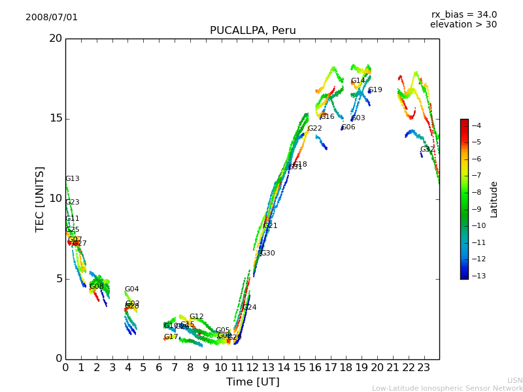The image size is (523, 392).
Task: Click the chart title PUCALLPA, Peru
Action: (252, 31)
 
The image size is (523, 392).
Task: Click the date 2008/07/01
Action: (52, 17)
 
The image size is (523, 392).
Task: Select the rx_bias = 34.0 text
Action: (464, 14)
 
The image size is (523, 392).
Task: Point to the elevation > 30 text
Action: (463, 25)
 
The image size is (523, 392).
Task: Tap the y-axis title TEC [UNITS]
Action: (40, 199)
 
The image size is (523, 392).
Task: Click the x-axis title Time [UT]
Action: (252, 382)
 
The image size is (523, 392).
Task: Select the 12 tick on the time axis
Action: (252, 367)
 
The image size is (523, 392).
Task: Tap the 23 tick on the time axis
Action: (424, 367)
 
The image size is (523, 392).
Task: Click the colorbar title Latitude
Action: (494, 199)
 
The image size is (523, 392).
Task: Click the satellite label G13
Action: (72, 179)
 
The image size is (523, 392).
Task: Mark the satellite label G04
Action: (131, 289)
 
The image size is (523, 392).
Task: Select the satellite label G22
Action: (314, 129)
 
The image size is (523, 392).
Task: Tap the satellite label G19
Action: (375, 90)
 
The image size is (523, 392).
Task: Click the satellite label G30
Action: (267, 253)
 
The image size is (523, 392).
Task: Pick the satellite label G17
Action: (171, 337)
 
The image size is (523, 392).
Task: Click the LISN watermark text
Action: (515, 380)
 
